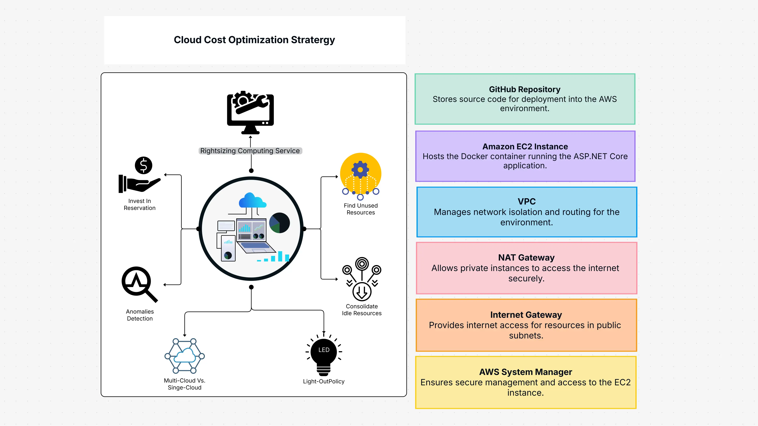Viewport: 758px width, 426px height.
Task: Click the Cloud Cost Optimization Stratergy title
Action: [254, 40]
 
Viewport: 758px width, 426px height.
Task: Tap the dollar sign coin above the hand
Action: [143, 165]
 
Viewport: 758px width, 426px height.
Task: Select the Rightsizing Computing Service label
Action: [250, 151]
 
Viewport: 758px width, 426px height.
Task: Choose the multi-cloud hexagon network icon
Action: [185, 356]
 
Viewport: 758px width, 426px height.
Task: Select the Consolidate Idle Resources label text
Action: [362, 310]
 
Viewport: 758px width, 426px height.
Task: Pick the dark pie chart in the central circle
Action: [280, 223]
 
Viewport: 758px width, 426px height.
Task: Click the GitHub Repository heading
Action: [525, 89]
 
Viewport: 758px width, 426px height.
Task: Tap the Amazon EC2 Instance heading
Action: [525, 147]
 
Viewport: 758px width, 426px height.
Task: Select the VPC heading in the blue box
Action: [527, 202]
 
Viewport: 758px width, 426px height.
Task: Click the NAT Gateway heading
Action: [526, 257]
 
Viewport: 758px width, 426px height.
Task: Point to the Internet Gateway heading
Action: [526, 315]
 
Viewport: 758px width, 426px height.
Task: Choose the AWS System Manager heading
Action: [526, 372]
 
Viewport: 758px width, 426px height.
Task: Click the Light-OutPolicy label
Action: [324, 381]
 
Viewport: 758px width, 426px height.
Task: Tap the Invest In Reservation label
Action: [139, 204]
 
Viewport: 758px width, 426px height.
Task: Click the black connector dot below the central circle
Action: [251, 287]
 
